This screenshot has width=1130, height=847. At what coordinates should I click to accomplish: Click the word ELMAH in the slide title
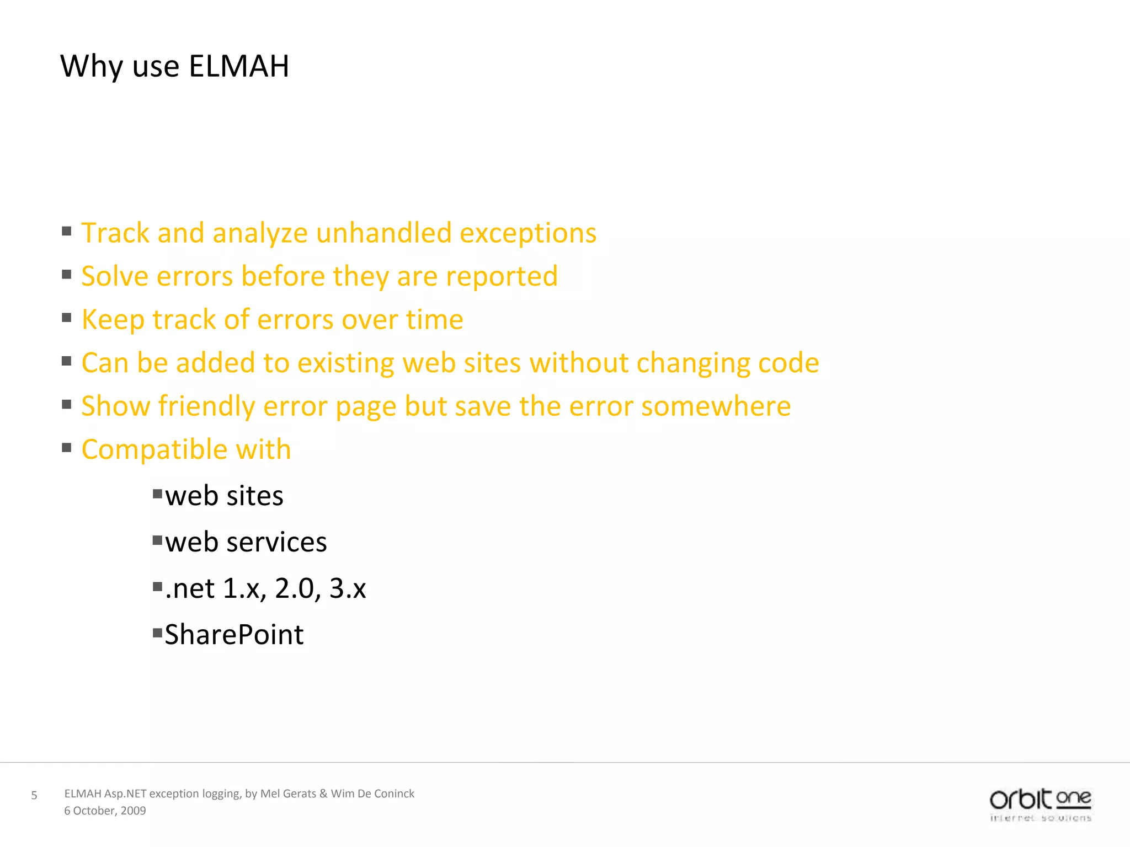pos(238,67)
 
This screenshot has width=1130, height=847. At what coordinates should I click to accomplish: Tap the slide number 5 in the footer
pos(34,795)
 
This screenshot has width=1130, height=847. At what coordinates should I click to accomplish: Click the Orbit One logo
pos(1040,805)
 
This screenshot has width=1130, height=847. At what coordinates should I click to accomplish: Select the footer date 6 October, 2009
pos(105,811)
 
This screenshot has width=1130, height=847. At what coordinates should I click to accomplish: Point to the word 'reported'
pos(502,276)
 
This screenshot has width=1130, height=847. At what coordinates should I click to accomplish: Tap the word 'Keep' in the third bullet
pos(113,320)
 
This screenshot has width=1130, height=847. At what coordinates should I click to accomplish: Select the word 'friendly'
pos(206,406)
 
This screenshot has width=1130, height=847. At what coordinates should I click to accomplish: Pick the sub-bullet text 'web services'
pos(246,542)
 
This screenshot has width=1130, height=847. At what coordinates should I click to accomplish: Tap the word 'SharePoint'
pos(234,635)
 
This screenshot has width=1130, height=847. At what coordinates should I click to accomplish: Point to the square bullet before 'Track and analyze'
pos(67,231)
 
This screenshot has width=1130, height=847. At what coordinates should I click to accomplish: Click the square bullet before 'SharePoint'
pos(157,632)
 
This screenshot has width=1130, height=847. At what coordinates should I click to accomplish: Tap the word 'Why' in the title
pos(92,67)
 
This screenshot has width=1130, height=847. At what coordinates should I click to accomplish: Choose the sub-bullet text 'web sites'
pos(224,496)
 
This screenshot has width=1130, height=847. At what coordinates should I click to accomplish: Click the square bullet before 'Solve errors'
pos(67,274)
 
